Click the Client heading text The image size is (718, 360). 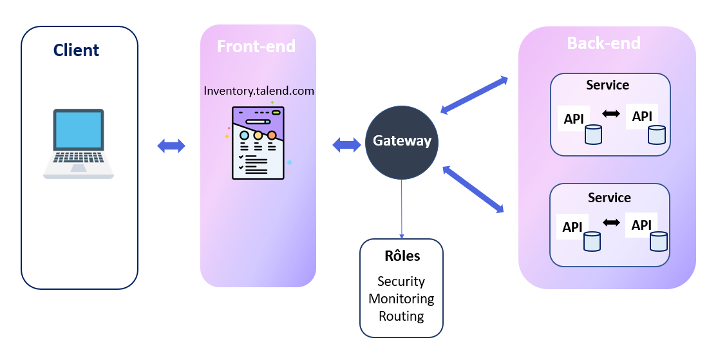[76, 50]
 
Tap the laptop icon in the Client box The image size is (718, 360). [79, 144]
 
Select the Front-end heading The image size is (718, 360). [256, 46]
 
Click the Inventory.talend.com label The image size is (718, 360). [259, 91]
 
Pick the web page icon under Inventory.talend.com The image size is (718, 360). [258, 142]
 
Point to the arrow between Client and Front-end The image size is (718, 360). [171, 146]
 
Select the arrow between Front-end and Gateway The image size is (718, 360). [346, 145]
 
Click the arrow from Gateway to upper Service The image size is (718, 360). [474, 96]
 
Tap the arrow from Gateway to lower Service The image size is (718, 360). [473, 189]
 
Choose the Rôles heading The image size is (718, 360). [402, 256]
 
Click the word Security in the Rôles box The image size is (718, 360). [401, 281]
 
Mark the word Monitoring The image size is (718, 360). [401, 299]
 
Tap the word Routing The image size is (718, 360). [401, 316]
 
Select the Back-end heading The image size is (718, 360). [603, 43]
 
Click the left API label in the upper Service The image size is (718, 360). [573, 119]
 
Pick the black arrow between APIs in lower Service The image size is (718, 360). [611, 223]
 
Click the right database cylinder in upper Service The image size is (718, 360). [656, 135]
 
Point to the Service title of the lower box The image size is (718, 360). [609, 198]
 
